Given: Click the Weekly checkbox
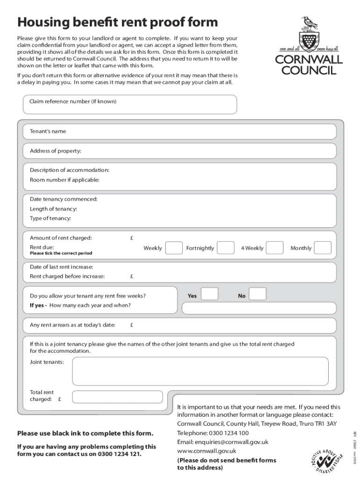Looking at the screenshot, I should point(174,248).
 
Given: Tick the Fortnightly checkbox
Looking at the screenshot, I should point(226,248).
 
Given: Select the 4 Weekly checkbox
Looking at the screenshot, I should point(274,248).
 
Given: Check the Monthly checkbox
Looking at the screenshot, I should point(323,248).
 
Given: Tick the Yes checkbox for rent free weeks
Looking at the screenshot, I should point(209,294).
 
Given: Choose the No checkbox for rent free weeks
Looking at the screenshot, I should point(258,294).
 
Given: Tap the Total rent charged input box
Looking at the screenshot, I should point(117,397).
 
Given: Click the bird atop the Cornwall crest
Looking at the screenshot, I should point(308,22).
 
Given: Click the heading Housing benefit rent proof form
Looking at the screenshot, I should point(117,22).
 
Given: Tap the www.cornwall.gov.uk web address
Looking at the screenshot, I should point(207,451).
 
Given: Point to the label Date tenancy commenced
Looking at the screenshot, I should point(64,199).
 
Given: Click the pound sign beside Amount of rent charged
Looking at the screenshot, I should point(132,238).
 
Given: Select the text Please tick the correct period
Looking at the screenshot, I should point(61,254).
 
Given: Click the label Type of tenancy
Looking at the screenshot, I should point(50,218).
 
